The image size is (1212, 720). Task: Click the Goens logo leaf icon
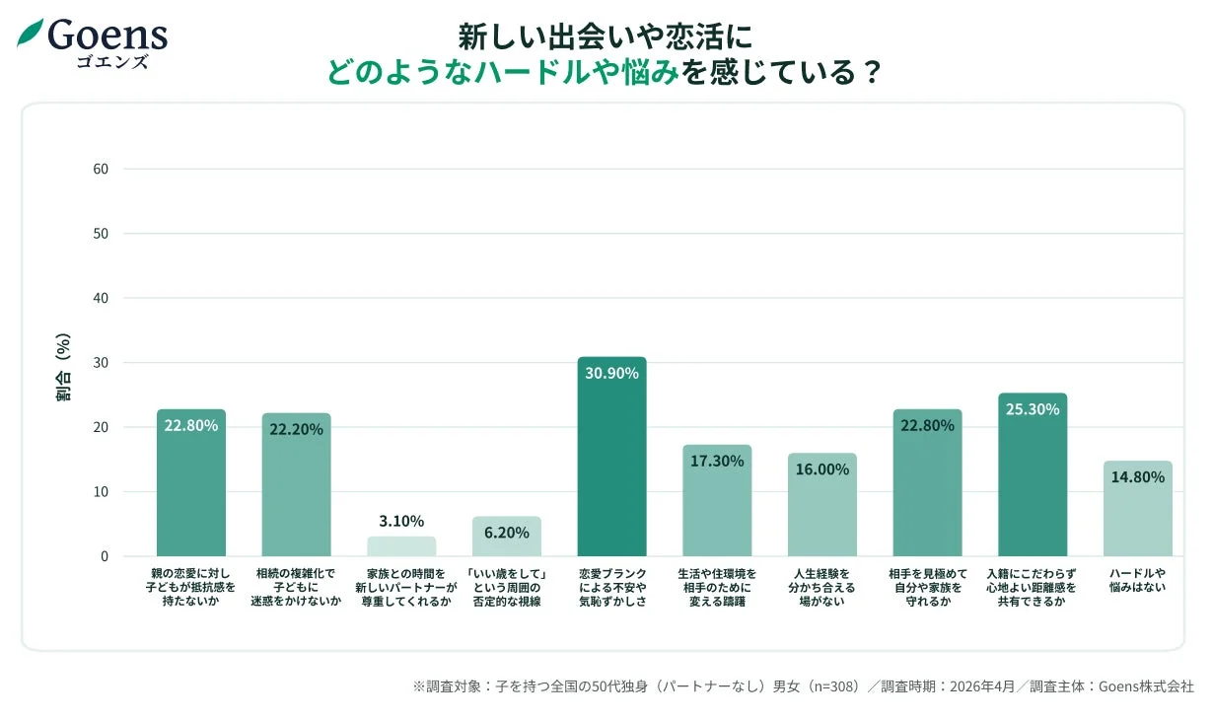[x=31, y=34]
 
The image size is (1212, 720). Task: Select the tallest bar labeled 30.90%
[x=611, y=464]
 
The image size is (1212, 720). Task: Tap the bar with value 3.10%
[x=401, y=546]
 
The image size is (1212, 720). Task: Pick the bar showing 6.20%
[x=506, y=538]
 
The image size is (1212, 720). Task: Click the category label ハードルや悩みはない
[x=1137, y=580]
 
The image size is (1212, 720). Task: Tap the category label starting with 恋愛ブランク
[x=611, y=587]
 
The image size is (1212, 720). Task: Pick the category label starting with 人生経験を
[x=821, y=587]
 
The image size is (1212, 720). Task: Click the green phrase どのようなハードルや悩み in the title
[x=504, y=73]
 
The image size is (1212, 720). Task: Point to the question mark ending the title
[x=870, y=73]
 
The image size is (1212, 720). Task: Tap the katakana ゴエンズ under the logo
[x=111, y=61]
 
